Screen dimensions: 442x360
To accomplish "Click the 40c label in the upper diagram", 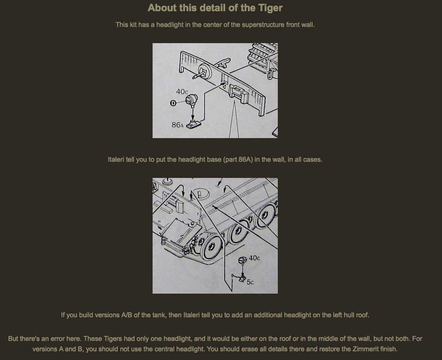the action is tap(182, 92).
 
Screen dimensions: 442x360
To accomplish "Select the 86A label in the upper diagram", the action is tap(177, 124).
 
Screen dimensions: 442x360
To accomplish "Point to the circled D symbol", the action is tap(173, 103).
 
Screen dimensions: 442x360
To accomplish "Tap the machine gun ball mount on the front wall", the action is tap(204, 71).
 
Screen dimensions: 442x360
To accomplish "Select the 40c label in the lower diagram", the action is tap(254, 258).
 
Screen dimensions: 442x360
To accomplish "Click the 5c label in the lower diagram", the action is tap(250, 282).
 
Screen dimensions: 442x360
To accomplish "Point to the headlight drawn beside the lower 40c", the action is tap(242, 260).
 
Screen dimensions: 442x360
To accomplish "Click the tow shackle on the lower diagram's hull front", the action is tap(163, 241).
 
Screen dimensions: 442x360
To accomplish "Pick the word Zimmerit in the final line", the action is tap(365, 349).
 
